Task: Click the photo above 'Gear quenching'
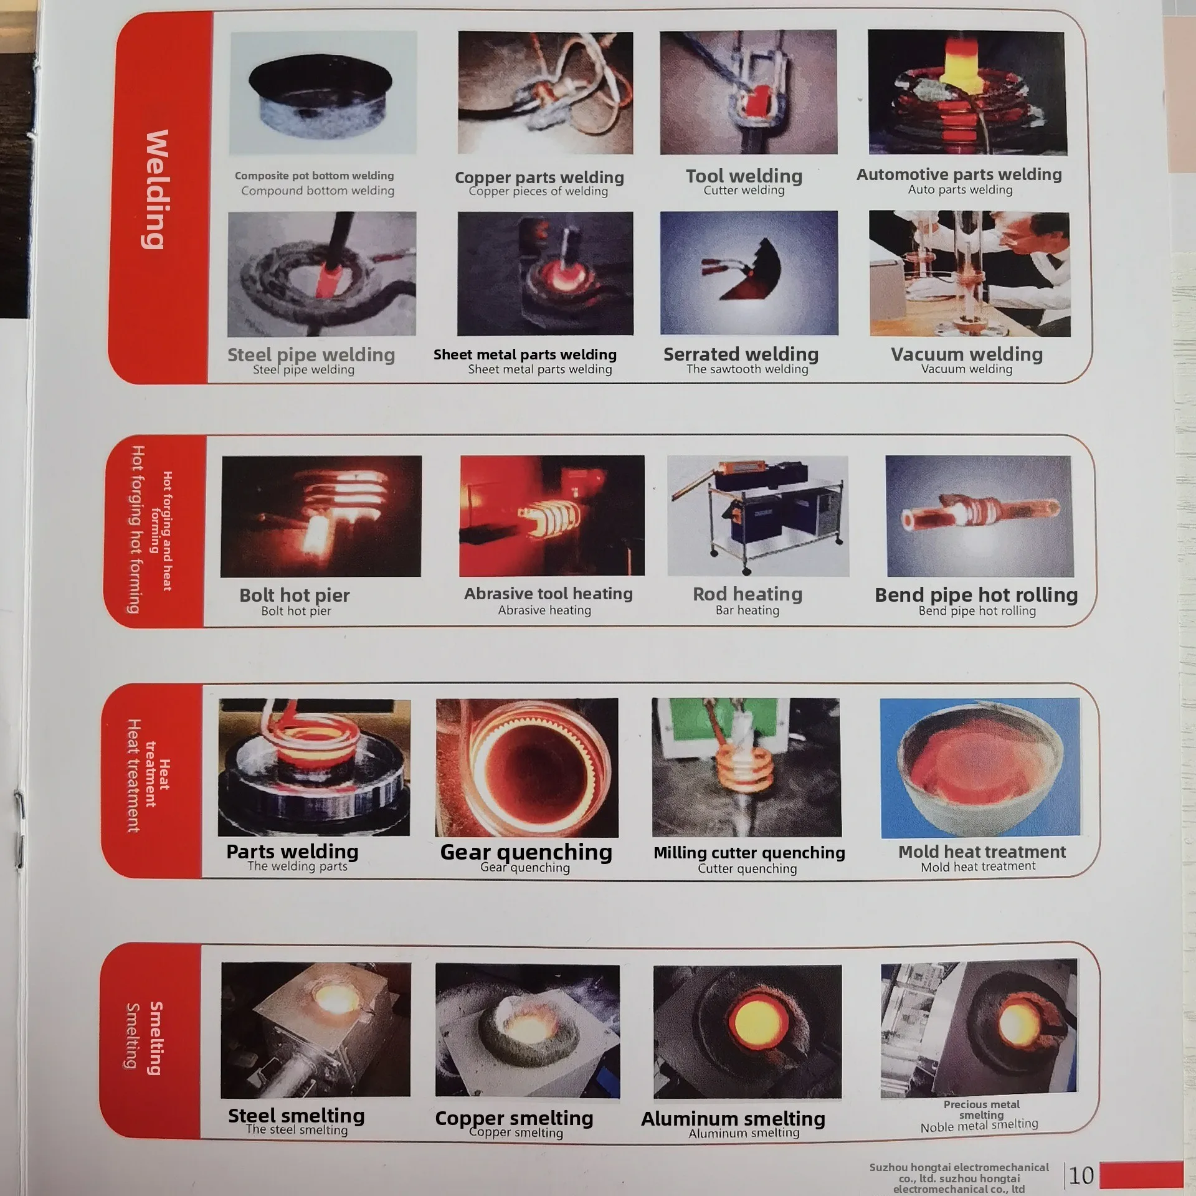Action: point(527,767)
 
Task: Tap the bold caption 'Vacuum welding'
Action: point(966,354)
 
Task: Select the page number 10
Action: point(1081,1175)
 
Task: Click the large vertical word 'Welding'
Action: point(156,190)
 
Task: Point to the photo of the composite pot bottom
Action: point(322,93)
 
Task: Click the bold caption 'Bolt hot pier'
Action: point(295,595)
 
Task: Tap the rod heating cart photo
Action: point(757,516)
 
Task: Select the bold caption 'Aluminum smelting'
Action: point(733,1119)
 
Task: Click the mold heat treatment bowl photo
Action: point(980,767)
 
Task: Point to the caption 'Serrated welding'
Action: point(741,354)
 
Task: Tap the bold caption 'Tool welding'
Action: point(744,176)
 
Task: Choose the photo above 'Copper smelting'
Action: point(527,1031)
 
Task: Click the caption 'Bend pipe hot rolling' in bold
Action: point(976,595)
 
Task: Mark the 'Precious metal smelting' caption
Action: point(981,1109)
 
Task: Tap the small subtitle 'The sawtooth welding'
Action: point(747,369)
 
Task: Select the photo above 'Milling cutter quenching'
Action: point(746,767)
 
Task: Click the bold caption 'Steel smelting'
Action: point(296,1116)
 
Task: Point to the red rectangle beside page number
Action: point(1141,1175)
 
